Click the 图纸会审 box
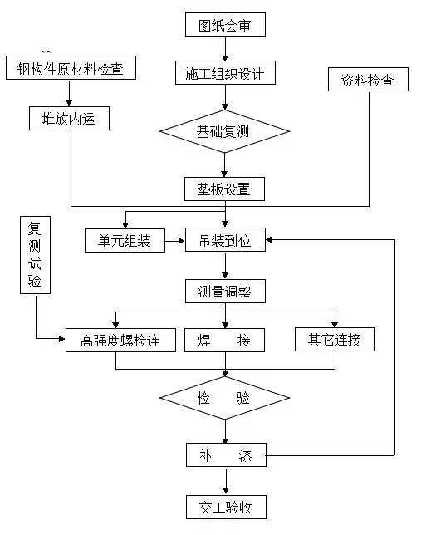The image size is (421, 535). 225,25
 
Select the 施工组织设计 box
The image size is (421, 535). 225,73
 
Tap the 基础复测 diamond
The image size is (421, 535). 225,131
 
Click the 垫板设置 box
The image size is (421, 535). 225,189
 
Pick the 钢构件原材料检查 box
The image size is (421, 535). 70,68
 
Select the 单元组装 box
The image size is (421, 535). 125,241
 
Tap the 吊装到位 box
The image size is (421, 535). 225,241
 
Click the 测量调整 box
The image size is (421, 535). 225,291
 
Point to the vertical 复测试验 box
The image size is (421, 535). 34,257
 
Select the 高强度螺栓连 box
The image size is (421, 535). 120,340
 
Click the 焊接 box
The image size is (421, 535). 225,340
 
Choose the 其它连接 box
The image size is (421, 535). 335,339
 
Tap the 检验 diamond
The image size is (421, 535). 225,398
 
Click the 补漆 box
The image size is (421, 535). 225,455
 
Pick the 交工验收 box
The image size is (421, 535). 225,506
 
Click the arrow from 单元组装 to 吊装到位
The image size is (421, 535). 174,242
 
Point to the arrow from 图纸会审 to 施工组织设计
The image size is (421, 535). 225,49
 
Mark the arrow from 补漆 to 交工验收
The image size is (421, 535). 225,481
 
